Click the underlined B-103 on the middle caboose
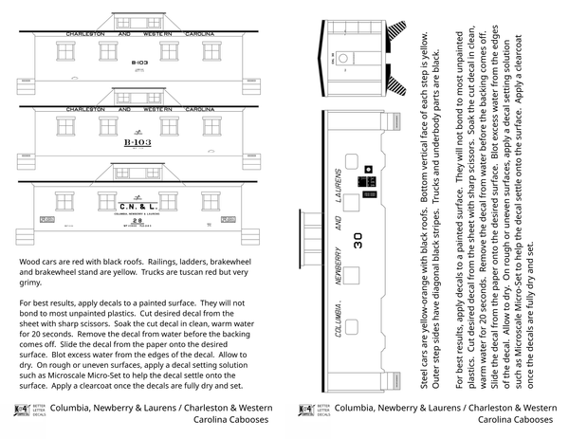[x=137, y=143]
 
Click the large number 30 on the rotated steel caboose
[x=358, y=242]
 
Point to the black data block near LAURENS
[x=363, y=181]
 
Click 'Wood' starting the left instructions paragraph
[x=30, y=260]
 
